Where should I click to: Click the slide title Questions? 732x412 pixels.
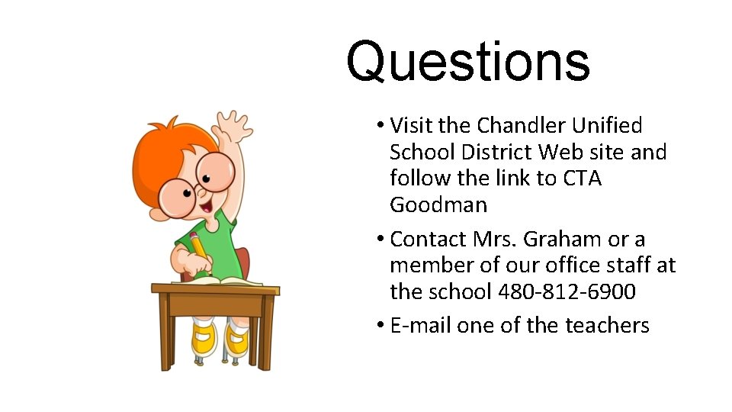[x=467, y=63]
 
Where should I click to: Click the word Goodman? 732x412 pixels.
[x=438, y=205]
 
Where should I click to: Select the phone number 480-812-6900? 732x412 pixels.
[x=567, y=292]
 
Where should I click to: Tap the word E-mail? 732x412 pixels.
[x=420, y=326]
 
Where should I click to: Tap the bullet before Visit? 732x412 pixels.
[x=379, y=125]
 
